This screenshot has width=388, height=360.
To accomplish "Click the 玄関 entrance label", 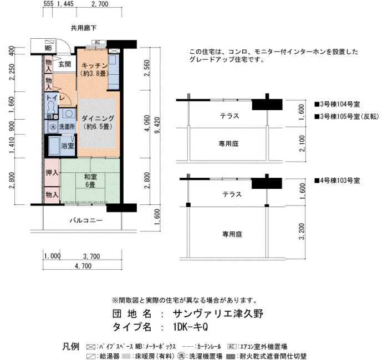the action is pyautogui.click(x=65, y=65).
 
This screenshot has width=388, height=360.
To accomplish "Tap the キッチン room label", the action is pyautogui.click(x=95, y=65).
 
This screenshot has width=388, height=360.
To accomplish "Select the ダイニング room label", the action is pyautogui.click(x=98, y=119).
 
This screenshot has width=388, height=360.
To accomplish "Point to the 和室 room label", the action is pyautogui.click(x=90, y=177).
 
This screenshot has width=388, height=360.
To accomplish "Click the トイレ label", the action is pyautogui.click(x=55, y=98).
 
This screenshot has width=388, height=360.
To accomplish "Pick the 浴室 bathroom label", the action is pyautogui.click(x=68, y=145).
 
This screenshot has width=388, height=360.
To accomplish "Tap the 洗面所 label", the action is pyautogui.click(x=67, y=127).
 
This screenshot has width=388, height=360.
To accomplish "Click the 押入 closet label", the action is pyautogui.click(x=52, y=173).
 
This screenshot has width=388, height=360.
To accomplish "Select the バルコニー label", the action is pyautogui.click(x=86, y=220).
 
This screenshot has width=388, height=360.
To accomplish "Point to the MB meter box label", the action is pyautogui.click(x=48, y=48).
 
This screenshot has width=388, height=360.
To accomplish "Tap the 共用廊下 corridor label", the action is pyautogui.click(x=84, y=28).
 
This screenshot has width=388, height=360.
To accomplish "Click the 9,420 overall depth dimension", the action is pyautogui.click(x=157, y=125).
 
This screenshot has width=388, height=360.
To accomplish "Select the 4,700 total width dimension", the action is pyautogui.click(x=83, y=266).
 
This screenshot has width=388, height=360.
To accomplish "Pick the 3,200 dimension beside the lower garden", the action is pyautogui.click(x=302, y=232).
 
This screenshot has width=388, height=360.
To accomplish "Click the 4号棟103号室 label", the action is pyautogui.click(x=337, y=181).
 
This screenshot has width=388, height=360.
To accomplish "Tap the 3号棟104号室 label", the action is pyautogui.click(x=337, y=104).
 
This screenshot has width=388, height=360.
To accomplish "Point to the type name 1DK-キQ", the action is pyautogui.click(x=191, y=327).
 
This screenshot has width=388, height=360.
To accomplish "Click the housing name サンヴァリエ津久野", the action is pyautogui.click(x=218, y=314).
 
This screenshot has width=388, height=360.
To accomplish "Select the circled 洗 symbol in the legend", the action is pyautogui.click(x=182, y=356).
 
